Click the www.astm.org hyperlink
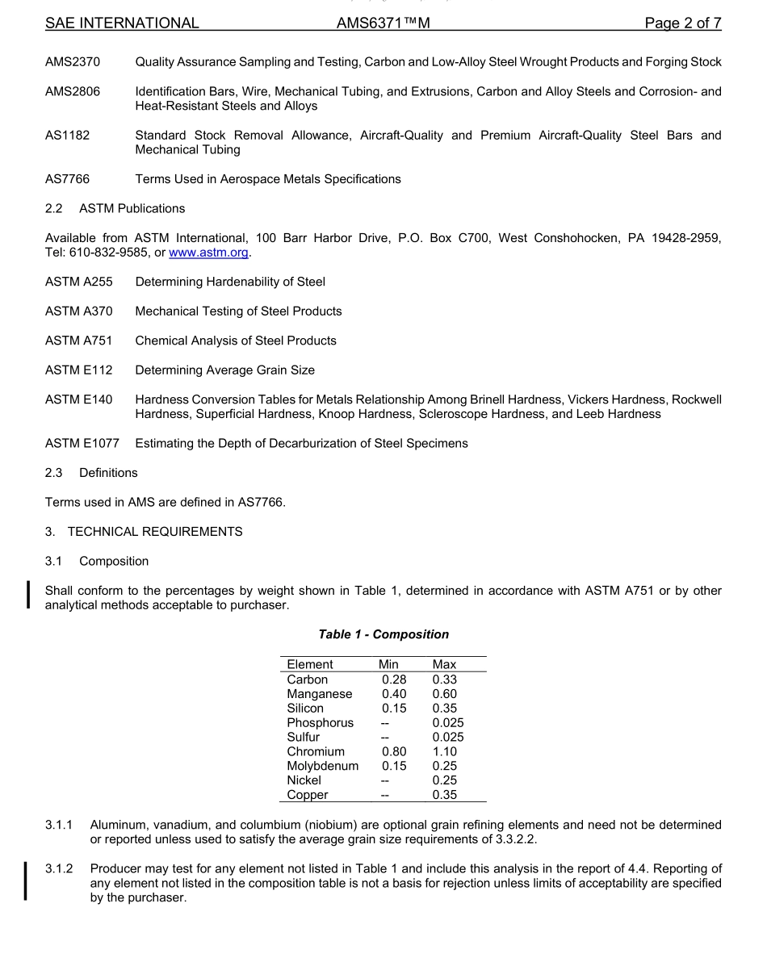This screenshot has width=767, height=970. point(208,253)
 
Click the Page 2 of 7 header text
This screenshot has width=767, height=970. point(682,23)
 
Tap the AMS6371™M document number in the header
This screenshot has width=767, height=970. point(383,23)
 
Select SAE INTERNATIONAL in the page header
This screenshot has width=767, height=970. point(122,23)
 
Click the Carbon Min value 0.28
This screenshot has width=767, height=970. point(394,679)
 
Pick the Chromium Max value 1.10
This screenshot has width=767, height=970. point(444,751)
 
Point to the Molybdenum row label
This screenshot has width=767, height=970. point(322,766)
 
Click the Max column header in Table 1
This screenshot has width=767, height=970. point(444,664)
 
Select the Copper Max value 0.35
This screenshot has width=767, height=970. point(444,795)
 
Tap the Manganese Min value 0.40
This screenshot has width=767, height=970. point(394,694)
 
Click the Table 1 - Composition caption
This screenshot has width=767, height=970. point(383,634)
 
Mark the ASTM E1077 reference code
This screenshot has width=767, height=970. point(82,443)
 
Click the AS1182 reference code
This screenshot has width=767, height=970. point(67,136)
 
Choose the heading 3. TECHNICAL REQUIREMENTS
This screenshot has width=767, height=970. point(144,532)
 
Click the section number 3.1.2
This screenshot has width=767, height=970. point(59,868)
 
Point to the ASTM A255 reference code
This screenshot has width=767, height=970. point(78,282)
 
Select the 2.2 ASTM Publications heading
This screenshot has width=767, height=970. point(115,208)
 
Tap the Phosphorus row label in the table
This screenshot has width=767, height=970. point(320,723)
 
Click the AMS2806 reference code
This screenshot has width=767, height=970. point(73,91)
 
